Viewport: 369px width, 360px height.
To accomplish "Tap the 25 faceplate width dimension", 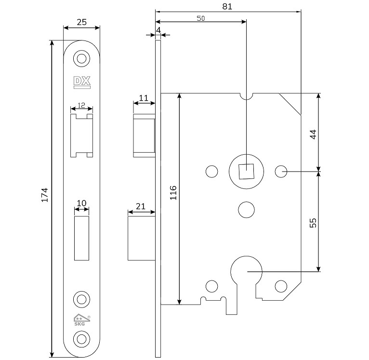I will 82,22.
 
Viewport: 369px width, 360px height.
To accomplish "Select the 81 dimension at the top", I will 228,6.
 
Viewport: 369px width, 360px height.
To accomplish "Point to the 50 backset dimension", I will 201,18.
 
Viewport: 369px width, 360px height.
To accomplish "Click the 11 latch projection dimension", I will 144,98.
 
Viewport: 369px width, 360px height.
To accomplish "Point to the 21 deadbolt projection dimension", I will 141,206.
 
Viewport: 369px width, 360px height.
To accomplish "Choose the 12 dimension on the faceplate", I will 81,105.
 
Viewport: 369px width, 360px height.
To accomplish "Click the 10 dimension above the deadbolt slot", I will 81,203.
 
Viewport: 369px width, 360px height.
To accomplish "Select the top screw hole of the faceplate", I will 81,59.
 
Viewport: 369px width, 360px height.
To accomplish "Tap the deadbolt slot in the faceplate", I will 81,239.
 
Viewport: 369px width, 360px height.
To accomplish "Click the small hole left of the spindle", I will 211,171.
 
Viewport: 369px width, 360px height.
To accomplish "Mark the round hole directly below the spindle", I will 246,208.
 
